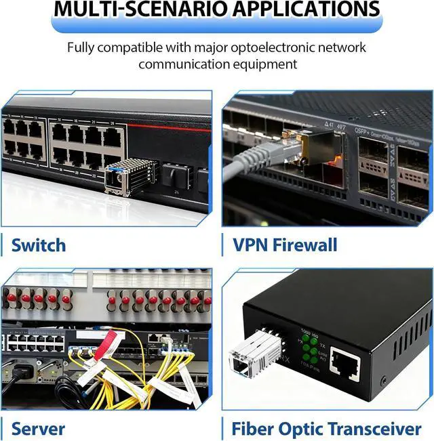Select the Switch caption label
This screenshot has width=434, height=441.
39,245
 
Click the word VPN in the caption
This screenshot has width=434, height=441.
252,245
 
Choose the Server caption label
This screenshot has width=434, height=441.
39,428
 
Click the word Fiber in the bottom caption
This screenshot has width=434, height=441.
254,428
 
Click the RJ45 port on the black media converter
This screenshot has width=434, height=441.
344,366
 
